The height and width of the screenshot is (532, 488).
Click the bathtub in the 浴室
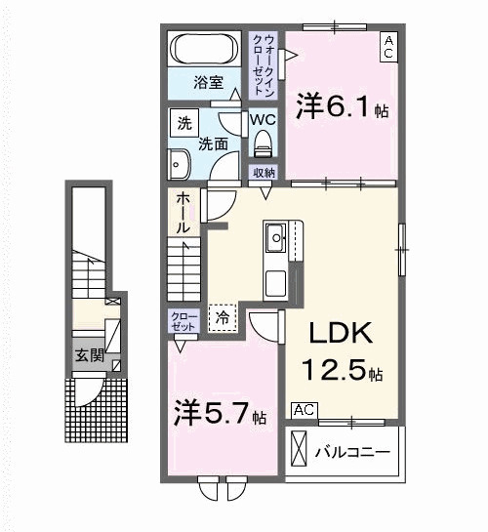pyautogui.click(x=204, y=49)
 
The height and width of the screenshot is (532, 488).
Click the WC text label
pyautogui.click(x=262, y=119)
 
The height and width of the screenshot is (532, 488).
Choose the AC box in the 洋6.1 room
pyautogui.click(x=387, y=48)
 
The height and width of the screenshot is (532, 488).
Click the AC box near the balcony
pyautogui.click(x=303, y=410)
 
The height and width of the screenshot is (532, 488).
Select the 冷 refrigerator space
pyautogui.click(x=223, y=317)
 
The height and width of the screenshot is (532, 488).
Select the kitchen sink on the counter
pyautogui.click(x=276, y=236)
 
